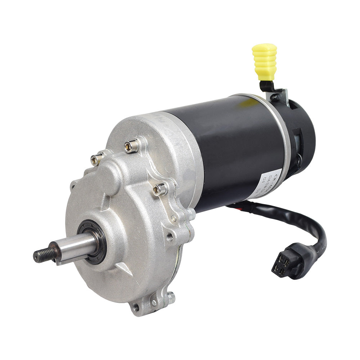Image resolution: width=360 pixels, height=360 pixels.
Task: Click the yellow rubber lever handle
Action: coord(265,62)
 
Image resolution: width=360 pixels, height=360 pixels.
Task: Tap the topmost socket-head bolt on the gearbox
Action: coord(131,146)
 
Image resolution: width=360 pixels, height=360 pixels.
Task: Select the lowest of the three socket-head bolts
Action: coord(160,189)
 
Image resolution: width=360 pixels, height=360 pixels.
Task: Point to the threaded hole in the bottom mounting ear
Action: coord(136,307)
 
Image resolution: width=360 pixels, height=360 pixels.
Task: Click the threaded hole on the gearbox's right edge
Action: coord(170,237)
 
